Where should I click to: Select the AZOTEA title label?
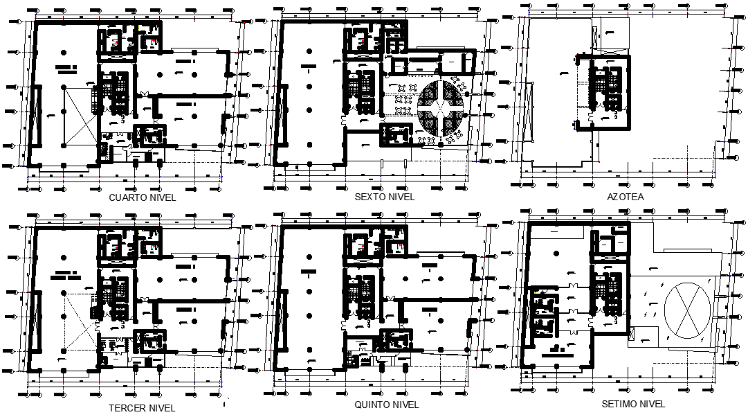[625, 197]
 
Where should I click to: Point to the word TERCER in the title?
[127, 407]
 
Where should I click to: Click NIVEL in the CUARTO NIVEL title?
[162, 197]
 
